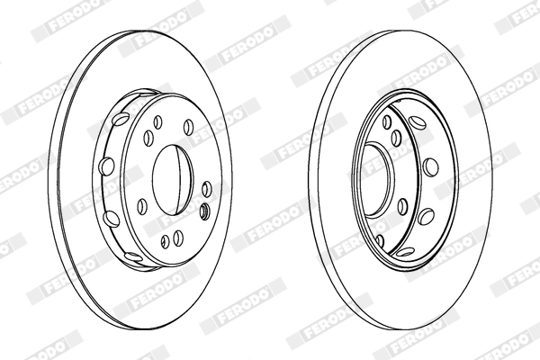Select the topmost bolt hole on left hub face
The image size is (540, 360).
click(x=157, y=122)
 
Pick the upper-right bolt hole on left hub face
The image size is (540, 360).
click(x=188, y=127)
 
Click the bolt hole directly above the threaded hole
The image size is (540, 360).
click(x=206, y=189)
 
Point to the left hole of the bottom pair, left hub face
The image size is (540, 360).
click(x=166, y=240)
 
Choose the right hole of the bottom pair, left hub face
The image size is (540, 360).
click(x=178, y=238)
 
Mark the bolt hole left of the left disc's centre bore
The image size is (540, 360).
click(x=142, y=206)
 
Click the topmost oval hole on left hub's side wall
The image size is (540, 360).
click(x=120, y=119)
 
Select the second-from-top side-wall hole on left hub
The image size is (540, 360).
click(x=106, y=166)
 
